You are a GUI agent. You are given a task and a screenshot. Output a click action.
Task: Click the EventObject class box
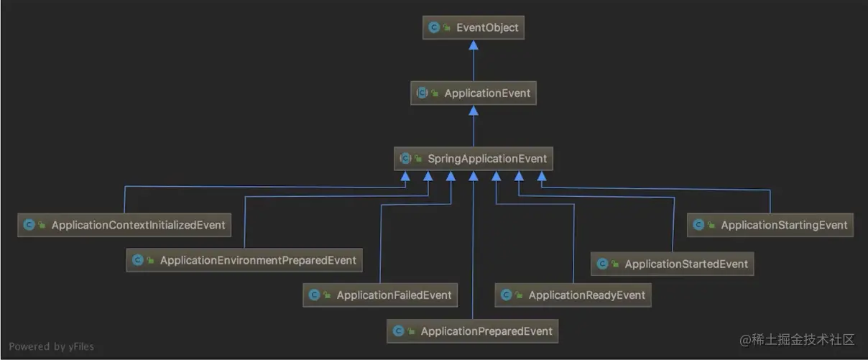473,28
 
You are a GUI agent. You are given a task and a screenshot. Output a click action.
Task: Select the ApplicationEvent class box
473,93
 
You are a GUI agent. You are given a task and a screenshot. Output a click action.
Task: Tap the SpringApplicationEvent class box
473,159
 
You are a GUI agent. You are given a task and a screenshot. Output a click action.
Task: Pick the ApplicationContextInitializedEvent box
125,225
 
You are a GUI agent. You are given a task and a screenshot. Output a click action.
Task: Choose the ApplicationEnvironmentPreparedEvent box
244,260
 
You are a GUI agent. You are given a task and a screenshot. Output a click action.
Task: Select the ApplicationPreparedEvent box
473,331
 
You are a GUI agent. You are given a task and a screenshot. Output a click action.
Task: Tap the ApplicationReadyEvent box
573,295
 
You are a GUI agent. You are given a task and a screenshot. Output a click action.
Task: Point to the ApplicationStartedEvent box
673,264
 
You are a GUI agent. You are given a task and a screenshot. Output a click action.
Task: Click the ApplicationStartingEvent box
770,225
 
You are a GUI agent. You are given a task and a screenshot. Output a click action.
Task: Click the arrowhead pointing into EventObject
473,45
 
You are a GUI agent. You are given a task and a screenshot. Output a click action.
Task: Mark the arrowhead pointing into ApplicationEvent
473,110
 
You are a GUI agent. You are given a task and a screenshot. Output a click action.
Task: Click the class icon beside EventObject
434,28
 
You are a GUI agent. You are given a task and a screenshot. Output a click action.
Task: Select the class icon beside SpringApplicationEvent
405,159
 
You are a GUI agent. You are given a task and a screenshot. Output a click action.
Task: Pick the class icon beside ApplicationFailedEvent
313,295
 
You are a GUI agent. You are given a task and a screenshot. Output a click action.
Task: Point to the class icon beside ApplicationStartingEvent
698,225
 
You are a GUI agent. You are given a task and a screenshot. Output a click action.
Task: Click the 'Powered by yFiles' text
52,346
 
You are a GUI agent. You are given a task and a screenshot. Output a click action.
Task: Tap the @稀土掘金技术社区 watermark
797,339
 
